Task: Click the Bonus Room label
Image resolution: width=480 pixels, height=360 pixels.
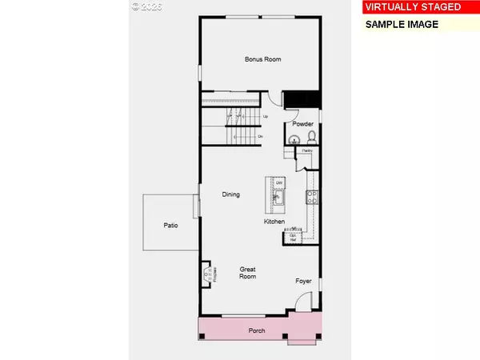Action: [262, 59]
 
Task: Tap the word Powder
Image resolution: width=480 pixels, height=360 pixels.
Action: [302, 124]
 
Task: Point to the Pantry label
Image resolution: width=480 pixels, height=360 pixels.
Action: [306, 150]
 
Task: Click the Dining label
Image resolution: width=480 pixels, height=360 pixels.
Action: [231, 194]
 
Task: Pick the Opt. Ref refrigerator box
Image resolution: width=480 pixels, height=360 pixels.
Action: [293, 234]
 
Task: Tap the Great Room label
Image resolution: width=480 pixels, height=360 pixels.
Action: [248, 272]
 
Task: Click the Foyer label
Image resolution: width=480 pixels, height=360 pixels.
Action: [303, 281]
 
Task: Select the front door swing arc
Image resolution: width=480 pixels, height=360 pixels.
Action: [300, 302]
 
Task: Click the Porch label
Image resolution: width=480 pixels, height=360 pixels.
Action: [257, 330]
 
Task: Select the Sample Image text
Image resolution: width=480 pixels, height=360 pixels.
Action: [402, 24]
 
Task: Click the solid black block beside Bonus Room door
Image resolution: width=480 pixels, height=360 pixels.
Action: [303, 98]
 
